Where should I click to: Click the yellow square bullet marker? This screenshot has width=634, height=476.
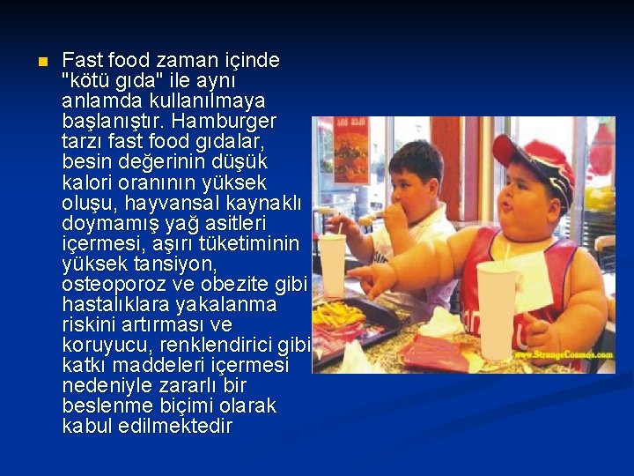(x=39, y=63)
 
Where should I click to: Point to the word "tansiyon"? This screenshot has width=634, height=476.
(x=168, y=264)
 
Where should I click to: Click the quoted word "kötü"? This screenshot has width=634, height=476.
(x=87, y=81)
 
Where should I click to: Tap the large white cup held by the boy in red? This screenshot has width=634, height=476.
(x=496, y=309)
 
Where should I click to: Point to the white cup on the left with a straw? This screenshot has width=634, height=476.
(x=332, y=264)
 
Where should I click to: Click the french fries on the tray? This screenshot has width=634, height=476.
(x=336, y=314)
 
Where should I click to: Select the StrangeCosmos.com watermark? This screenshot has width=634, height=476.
(x=564, y=354)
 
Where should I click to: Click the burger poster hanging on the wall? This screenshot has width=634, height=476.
(x=350, y=150)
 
